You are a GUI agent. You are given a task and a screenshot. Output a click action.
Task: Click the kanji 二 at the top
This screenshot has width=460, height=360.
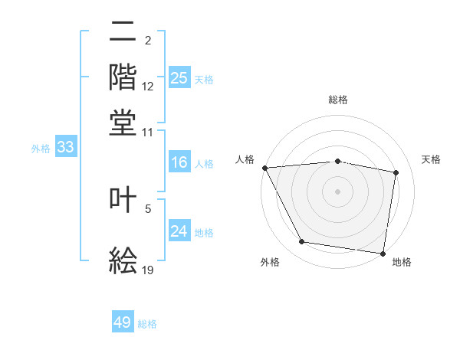pos(123,33)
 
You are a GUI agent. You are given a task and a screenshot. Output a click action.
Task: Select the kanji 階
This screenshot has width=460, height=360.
pos(123,76)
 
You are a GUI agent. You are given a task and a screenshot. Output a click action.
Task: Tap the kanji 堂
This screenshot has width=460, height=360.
pos(123,122)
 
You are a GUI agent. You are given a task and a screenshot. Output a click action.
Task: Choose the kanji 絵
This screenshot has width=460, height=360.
pos(123,261)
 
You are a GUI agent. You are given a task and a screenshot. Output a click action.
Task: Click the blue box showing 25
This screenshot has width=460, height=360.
pos(179,78)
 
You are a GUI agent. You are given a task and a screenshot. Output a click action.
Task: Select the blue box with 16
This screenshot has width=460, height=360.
pos(179,162)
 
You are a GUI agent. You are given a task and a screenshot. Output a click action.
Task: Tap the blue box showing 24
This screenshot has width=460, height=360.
pos(179,231)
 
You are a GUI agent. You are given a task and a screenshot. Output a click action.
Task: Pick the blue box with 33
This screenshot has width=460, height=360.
pos(65,148)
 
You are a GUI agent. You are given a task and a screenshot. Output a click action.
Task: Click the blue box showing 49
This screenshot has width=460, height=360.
pos(123,322)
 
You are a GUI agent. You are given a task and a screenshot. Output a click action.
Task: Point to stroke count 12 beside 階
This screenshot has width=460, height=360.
pos(148,87)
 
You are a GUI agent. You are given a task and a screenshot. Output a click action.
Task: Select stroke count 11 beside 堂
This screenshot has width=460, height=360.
pos(148,132)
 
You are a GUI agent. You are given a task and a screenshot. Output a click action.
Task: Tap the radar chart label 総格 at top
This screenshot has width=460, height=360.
pos(338,100)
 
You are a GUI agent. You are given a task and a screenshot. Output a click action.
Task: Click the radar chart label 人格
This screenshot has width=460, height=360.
pos(245,159)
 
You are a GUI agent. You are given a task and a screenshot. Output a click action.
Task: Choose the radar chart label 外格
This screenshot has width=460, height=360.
pos(270,263)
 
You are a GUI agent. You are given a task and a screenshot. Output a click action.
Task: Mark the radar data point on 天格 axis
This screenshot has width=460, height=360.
pos(396,172)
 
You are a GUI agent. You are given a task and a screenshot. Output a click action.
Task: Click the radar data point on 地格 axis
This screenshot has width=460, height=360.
pos(383,253)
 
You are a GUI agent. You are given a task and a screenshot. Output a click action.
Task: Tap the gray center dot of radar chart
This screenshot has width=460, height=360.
pos(338,191)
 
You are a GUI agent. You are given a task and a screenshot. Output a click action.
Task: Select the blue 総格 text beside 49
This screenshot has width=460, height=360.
pos(148,324)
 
